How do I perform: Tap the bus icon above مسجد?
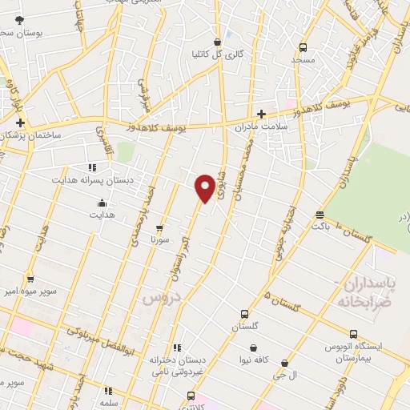tap(302, 47)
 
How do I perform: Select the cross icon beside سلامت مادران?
tap(261, 115)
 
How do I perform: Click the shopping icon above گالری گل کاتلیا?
tap(217, 42)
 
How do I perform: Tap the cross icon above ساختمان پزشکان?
tap(20, 123)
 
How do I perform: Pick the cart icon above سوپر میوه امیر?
tap(30, 279)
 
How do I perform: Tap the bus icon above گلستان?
tap(245, 314)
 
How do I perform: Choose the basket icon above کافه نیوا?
tap(254, 348)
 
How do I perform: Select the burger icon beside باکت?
tap(320, 215)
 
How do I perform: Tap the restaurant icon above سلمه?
tap(107, 391)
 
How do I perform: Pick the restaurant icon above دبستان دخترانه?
tap(178, 348)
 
